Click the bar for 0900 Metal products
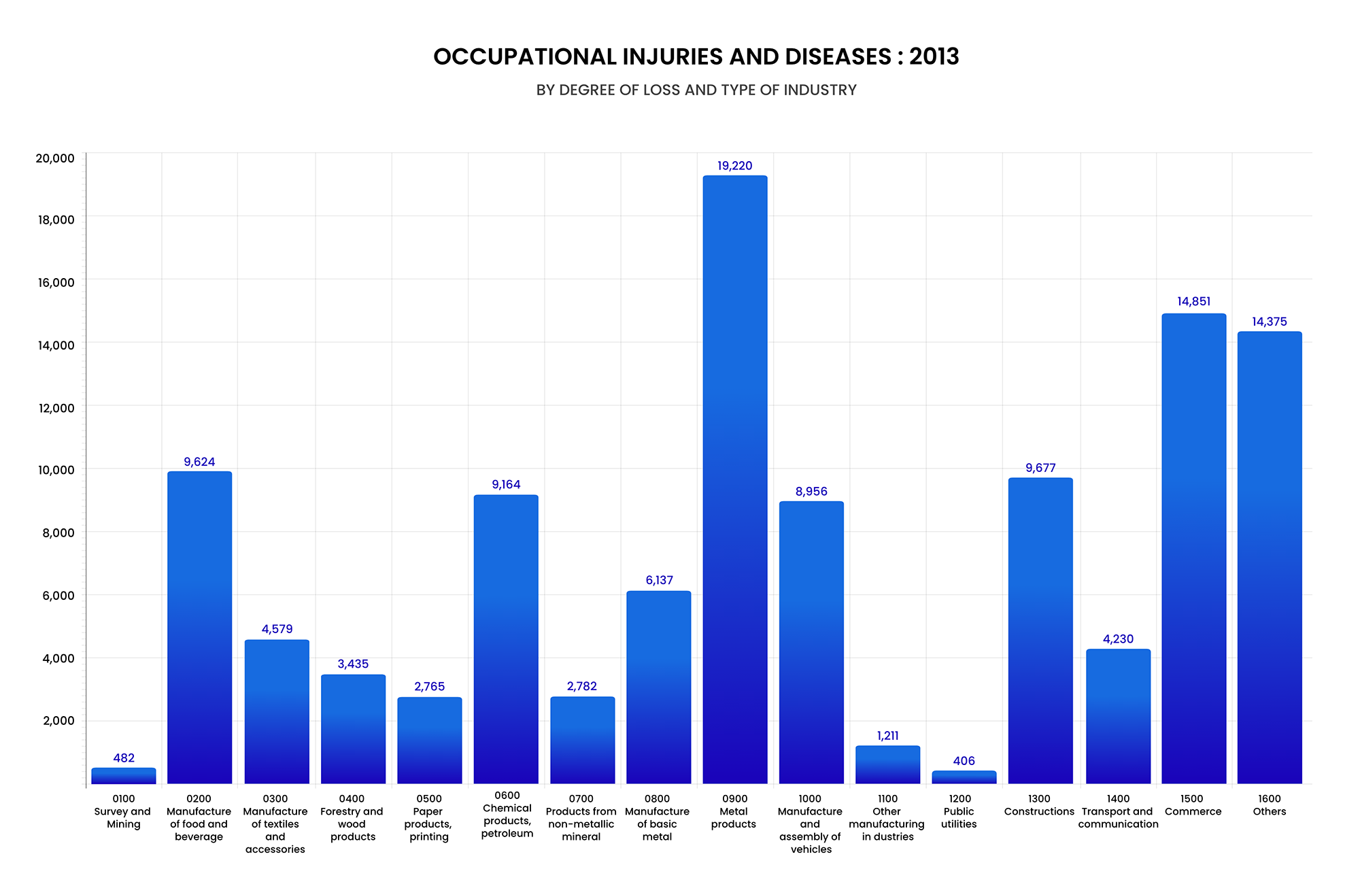pos(734,479)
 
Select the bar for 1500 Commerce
pos(1193,548)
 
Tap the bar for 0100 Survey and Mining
pos(124,776)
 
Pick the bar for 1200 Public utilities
pos(964,777)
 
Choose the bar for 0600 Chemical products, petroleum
pos(506,639)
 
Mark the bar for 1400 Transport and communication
pos(1118,716)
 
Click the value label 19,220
pos(734,166)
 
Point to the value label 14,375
pos(1269,322)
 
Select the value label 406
pos(964,761)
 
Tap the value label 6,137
pos(659,580)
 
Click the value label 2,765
pos(429,686)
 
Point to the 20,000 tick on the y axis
pos(55,158)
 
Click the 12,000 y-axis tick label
pos(56,408)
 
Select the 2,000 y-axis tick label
pos(58,721)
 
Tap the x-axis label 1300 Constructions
pos(1039,805)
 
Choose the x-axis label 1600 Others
pos(1269,805)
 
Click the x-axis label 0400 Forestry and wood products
pos(352,818)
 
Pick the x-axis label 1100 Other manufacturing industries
pos(887,818)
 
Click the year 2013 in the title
pos(934,56)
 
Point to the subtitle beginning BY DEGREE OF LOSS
pos(696,90)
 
